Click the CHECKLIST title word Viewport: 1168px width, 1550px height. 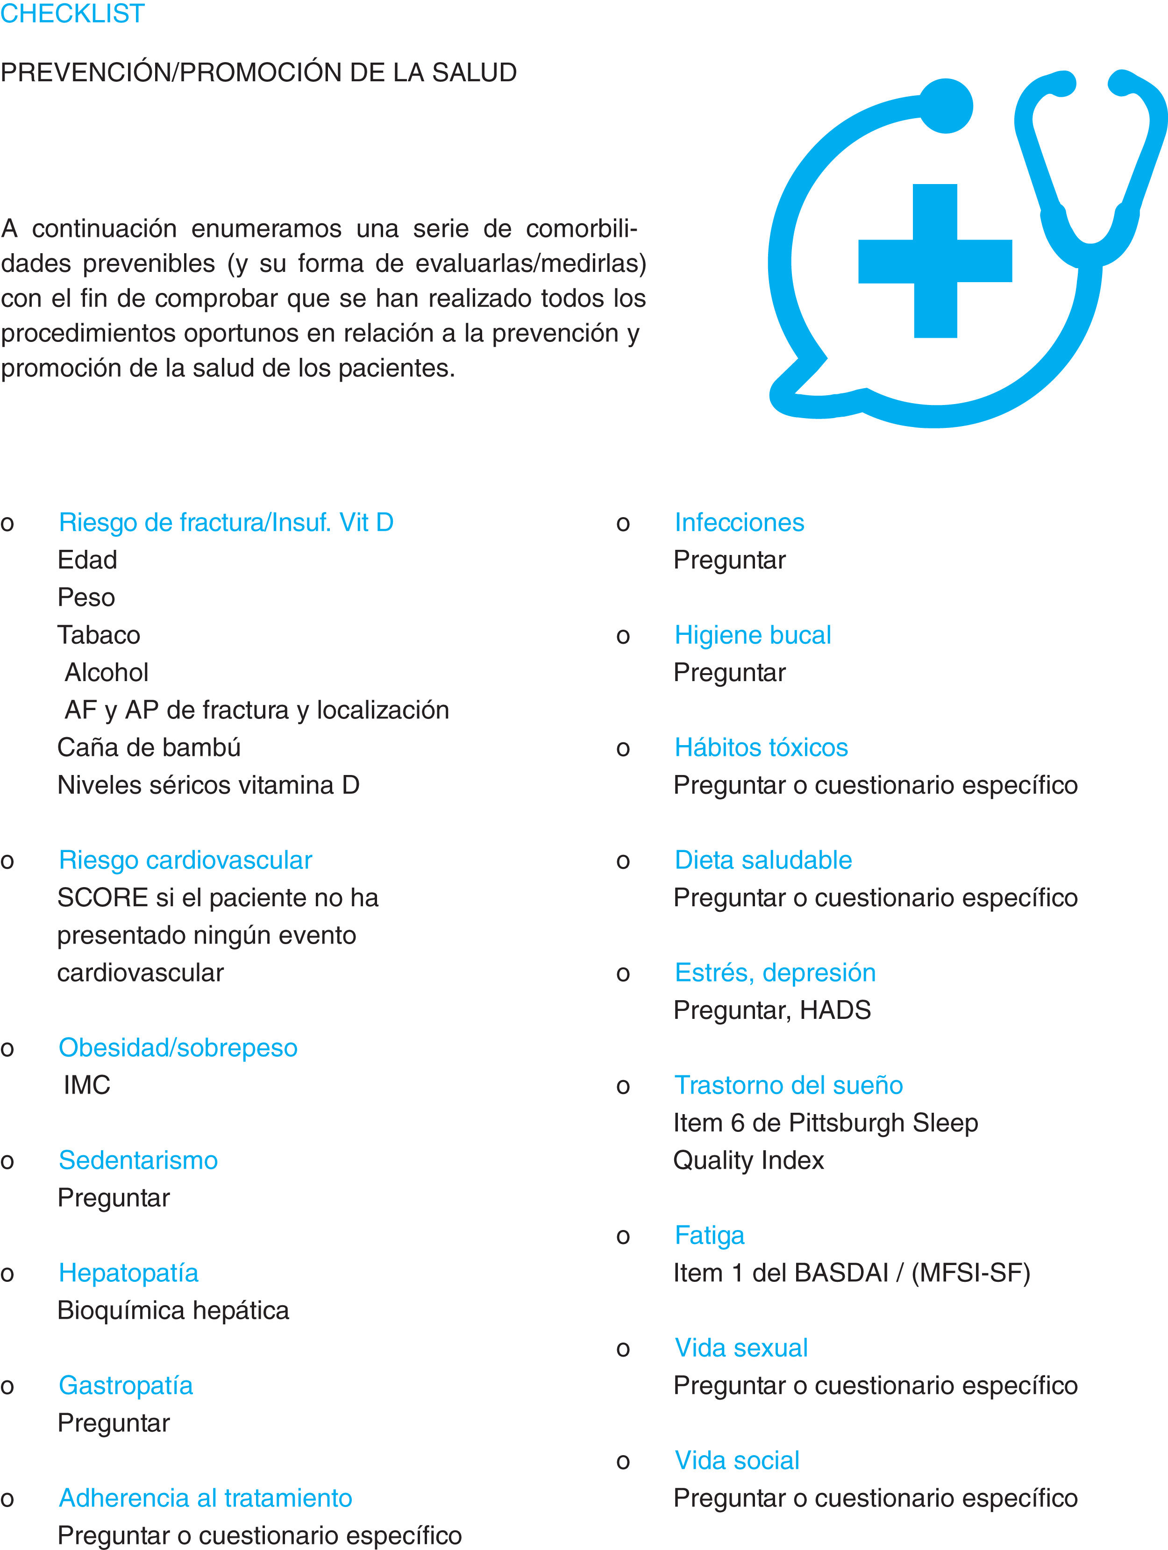click(72, 13)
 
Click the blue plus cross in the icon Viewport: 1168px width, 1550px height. click(935, 261)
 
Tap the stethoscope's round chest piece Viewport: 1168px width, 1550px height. click(946, 106)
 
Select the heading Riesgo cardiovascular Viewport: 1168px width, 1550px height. click(185, 860)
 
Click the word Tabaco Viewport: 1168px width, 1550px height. click(99, 635)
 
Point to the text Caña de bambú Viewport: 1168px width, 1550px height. click(149, 747)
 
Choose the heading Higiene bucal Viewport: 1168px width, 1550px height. click(753, 635)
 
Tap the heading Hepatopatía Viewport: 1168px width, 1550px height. click(128, 1273)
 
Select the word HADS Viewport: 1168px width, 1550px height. click(835, 1010)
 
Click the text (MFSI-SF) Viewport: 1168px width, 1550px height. click(970, 1273)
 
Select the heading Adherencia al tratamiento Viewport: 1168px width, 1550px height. click(205, 1498)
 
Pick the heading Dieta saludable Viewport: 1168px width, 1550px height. click(763, 860)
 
